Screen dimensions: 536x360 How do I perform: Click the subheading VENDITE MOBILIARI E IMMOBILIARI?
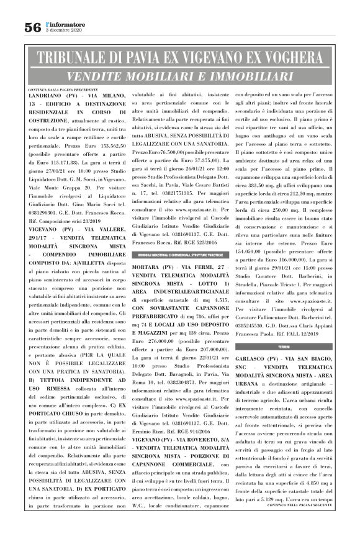(180, 76)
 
